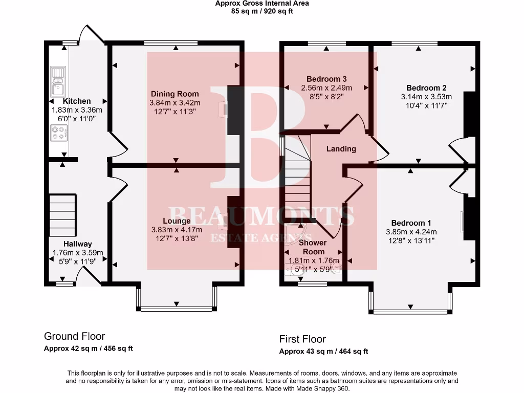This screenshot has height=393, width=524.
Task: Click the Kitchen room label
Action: coord(77,101)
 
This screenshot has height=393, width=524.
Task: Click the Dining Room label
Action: coord(174,94)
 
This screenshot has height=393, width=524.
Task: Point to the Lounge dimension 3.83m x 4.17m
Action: coord(177,230)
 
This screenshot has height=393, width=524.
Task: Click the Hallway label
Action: coord(78,244)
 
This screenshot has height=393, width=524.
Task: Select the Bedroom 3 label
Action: coord(326,79)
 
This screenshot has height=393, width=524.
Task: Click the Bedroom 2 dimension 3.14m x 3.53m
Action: coord(426,97)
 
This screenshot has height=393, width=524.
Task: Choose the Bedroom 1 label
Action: coord(411,223)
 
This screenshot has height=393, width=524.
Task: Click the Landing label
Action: coord(341,149)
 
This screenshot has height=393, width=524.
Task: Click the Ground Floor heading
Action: coord(74,336)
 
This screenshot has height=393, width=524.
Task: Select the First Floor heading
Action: coord(302,339)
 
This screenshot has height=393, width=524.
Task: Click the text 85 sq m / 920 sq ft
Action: coord(261,11)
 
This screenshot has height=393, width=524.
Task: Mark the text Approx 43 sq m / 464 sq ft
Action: coord(323,352)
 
